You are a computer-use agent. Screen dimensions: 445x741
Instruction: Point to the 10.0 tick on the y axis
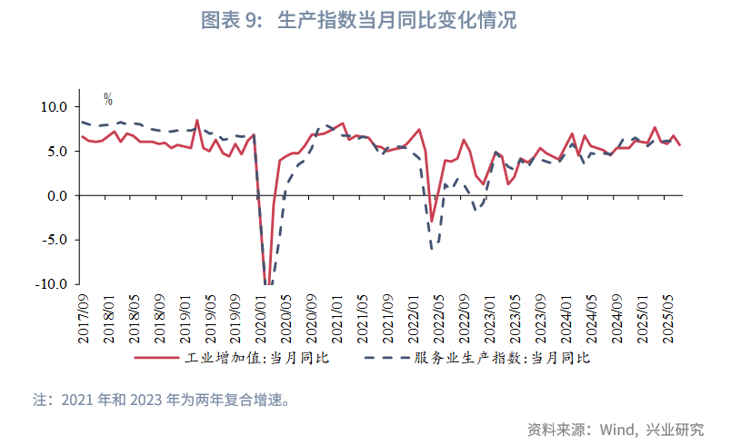(56, 106)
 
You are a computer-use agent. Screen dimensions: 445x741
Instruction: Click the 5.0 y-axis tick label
(59, 151)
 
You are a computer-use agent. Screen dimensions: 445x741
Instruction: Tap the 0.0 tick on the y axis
(59, 195)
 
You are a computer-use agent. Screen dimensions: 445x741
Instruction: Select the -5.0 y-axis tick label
(56, 240)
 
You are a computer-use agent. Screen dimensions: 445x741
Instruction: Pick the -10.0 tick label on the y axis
(54, 284)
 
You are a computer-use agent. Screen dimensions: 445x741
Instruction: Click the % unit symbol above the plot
(107, 99)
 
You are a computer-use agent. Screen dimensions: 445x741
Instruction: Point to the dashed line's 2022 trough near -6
(434, 247)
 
